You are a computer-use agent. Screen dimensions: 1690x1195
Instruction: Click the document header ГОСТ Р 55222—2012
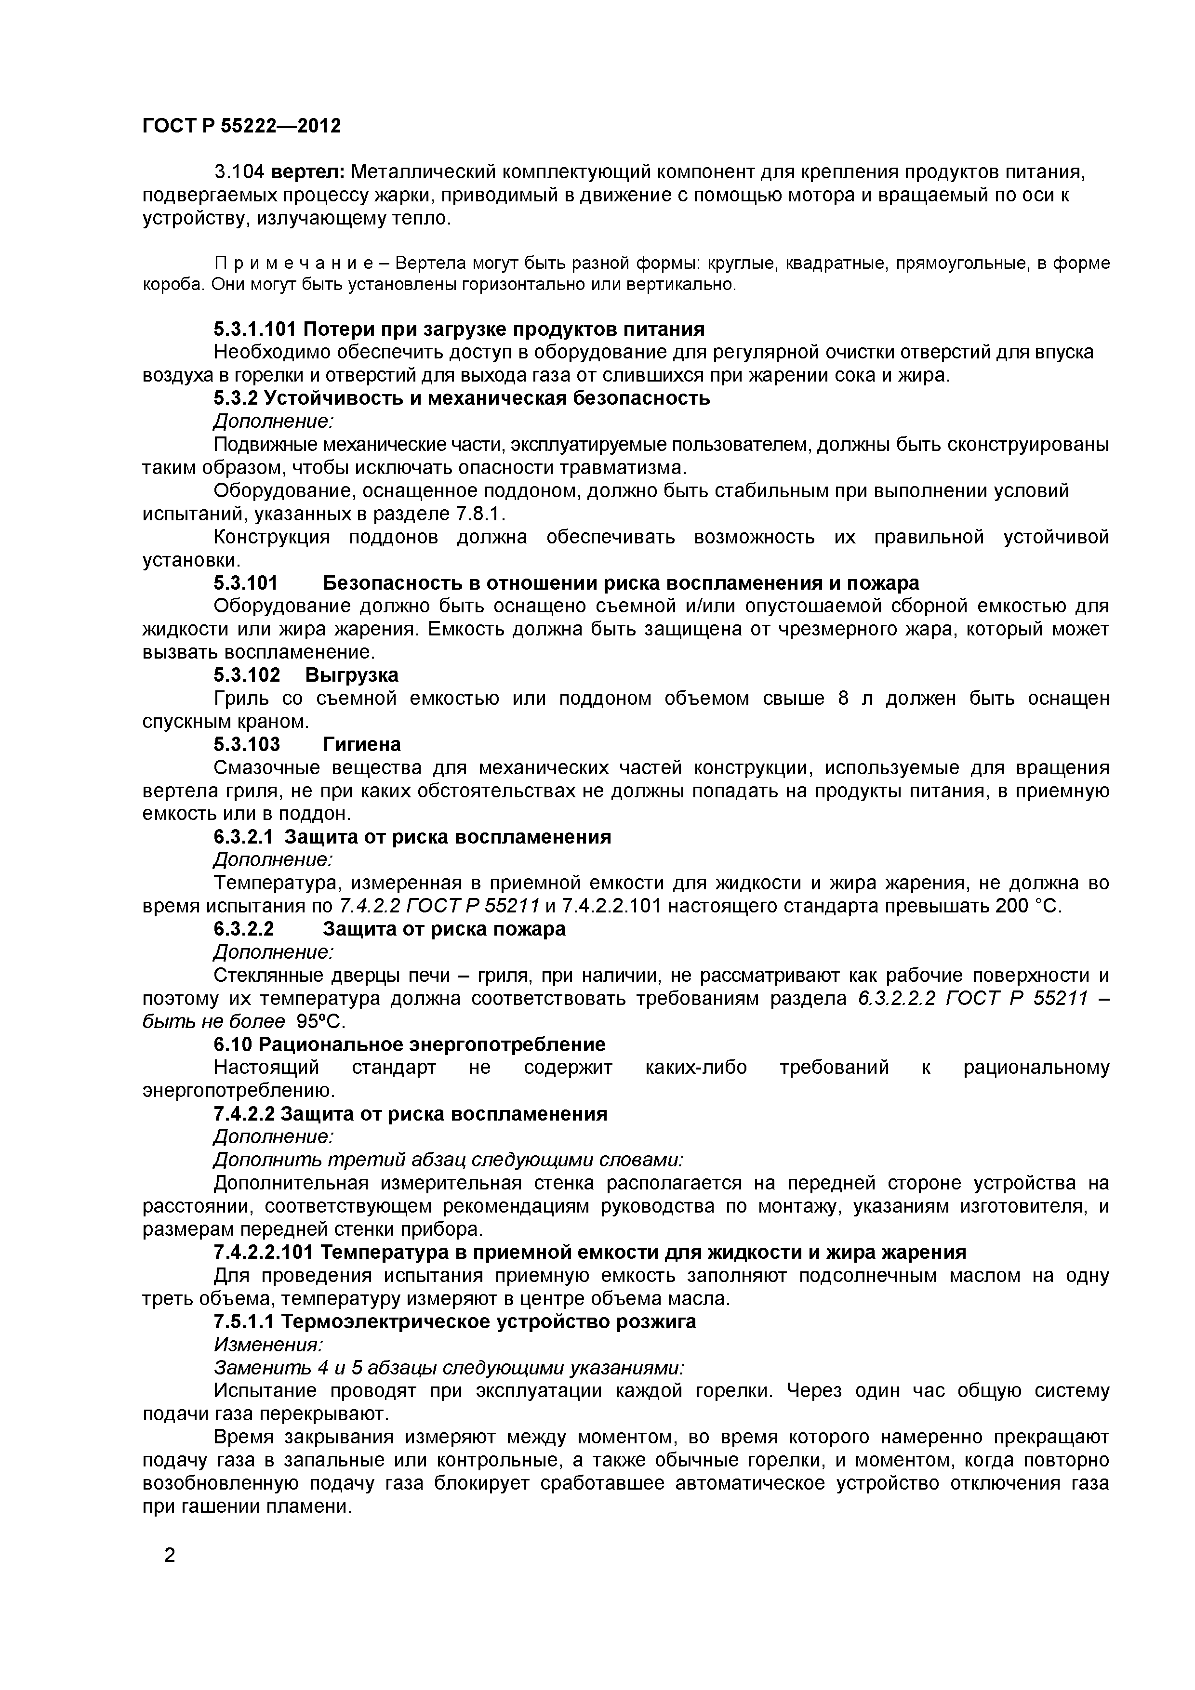tap(241, 126)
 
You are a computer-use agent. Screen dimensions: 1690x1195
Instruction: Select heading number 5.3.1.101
tap(253, 329)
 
